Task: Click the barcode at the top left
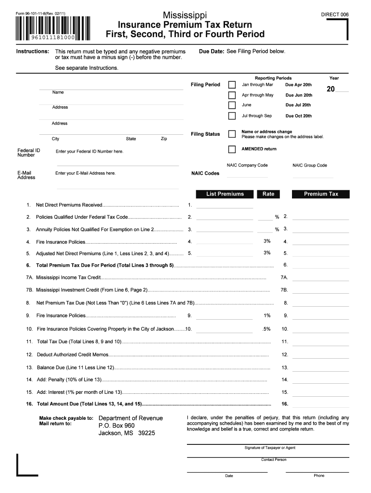pos(53,30)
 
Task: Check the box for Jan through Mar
pos(232,85)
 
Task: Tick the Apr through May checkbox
pos(232,95)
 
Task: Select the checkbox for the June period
pos(232,105)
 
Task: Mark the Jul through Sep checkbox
pos(232,116)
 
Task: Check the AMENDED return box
pos(232,149)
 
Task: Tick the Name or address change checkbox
pos(232,134)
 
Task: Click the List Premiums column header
pos(225,194)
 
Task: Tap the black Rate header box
pos(268,194)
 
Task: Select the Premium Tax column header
pos(321,194)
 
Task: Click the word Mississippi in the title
pos(185,14)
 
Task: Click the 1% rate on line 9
pos(267,315)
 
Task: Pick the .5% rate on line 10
pos(266,329)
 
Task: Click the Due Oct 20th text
pos(298,116)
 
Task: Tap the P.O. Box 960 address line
pos(117,426)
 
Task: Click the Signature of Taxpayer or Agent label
pos(270,448)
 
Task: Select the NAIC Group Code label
pos(309,165)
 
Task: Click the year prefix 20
pos(331,89)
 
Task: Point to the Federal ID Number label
pos(28,153)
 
